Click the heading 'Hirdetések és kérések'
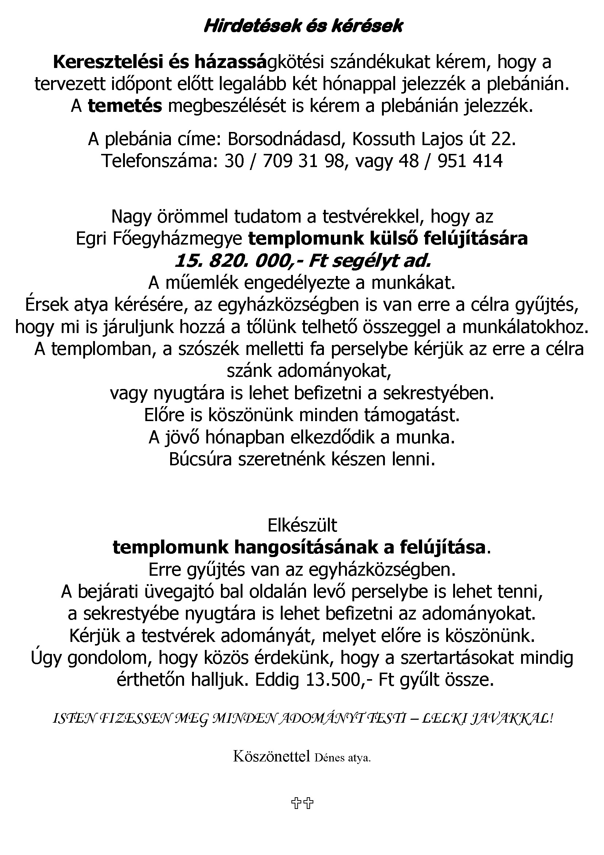tap(303, 26)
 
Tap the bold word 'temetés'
tap(125, 106)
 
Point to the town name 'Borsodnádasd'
tap(284, 139)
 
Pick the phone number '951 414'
tap(470, 161)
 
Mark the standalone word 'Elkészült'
tap(302, 525)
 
